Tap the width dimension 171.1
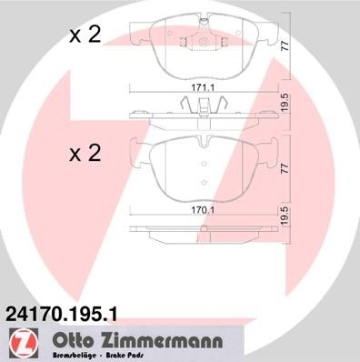pyautogui.click(x=202, y=87)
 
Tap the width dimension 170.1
pyautogui.click(x=202, y=207)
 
